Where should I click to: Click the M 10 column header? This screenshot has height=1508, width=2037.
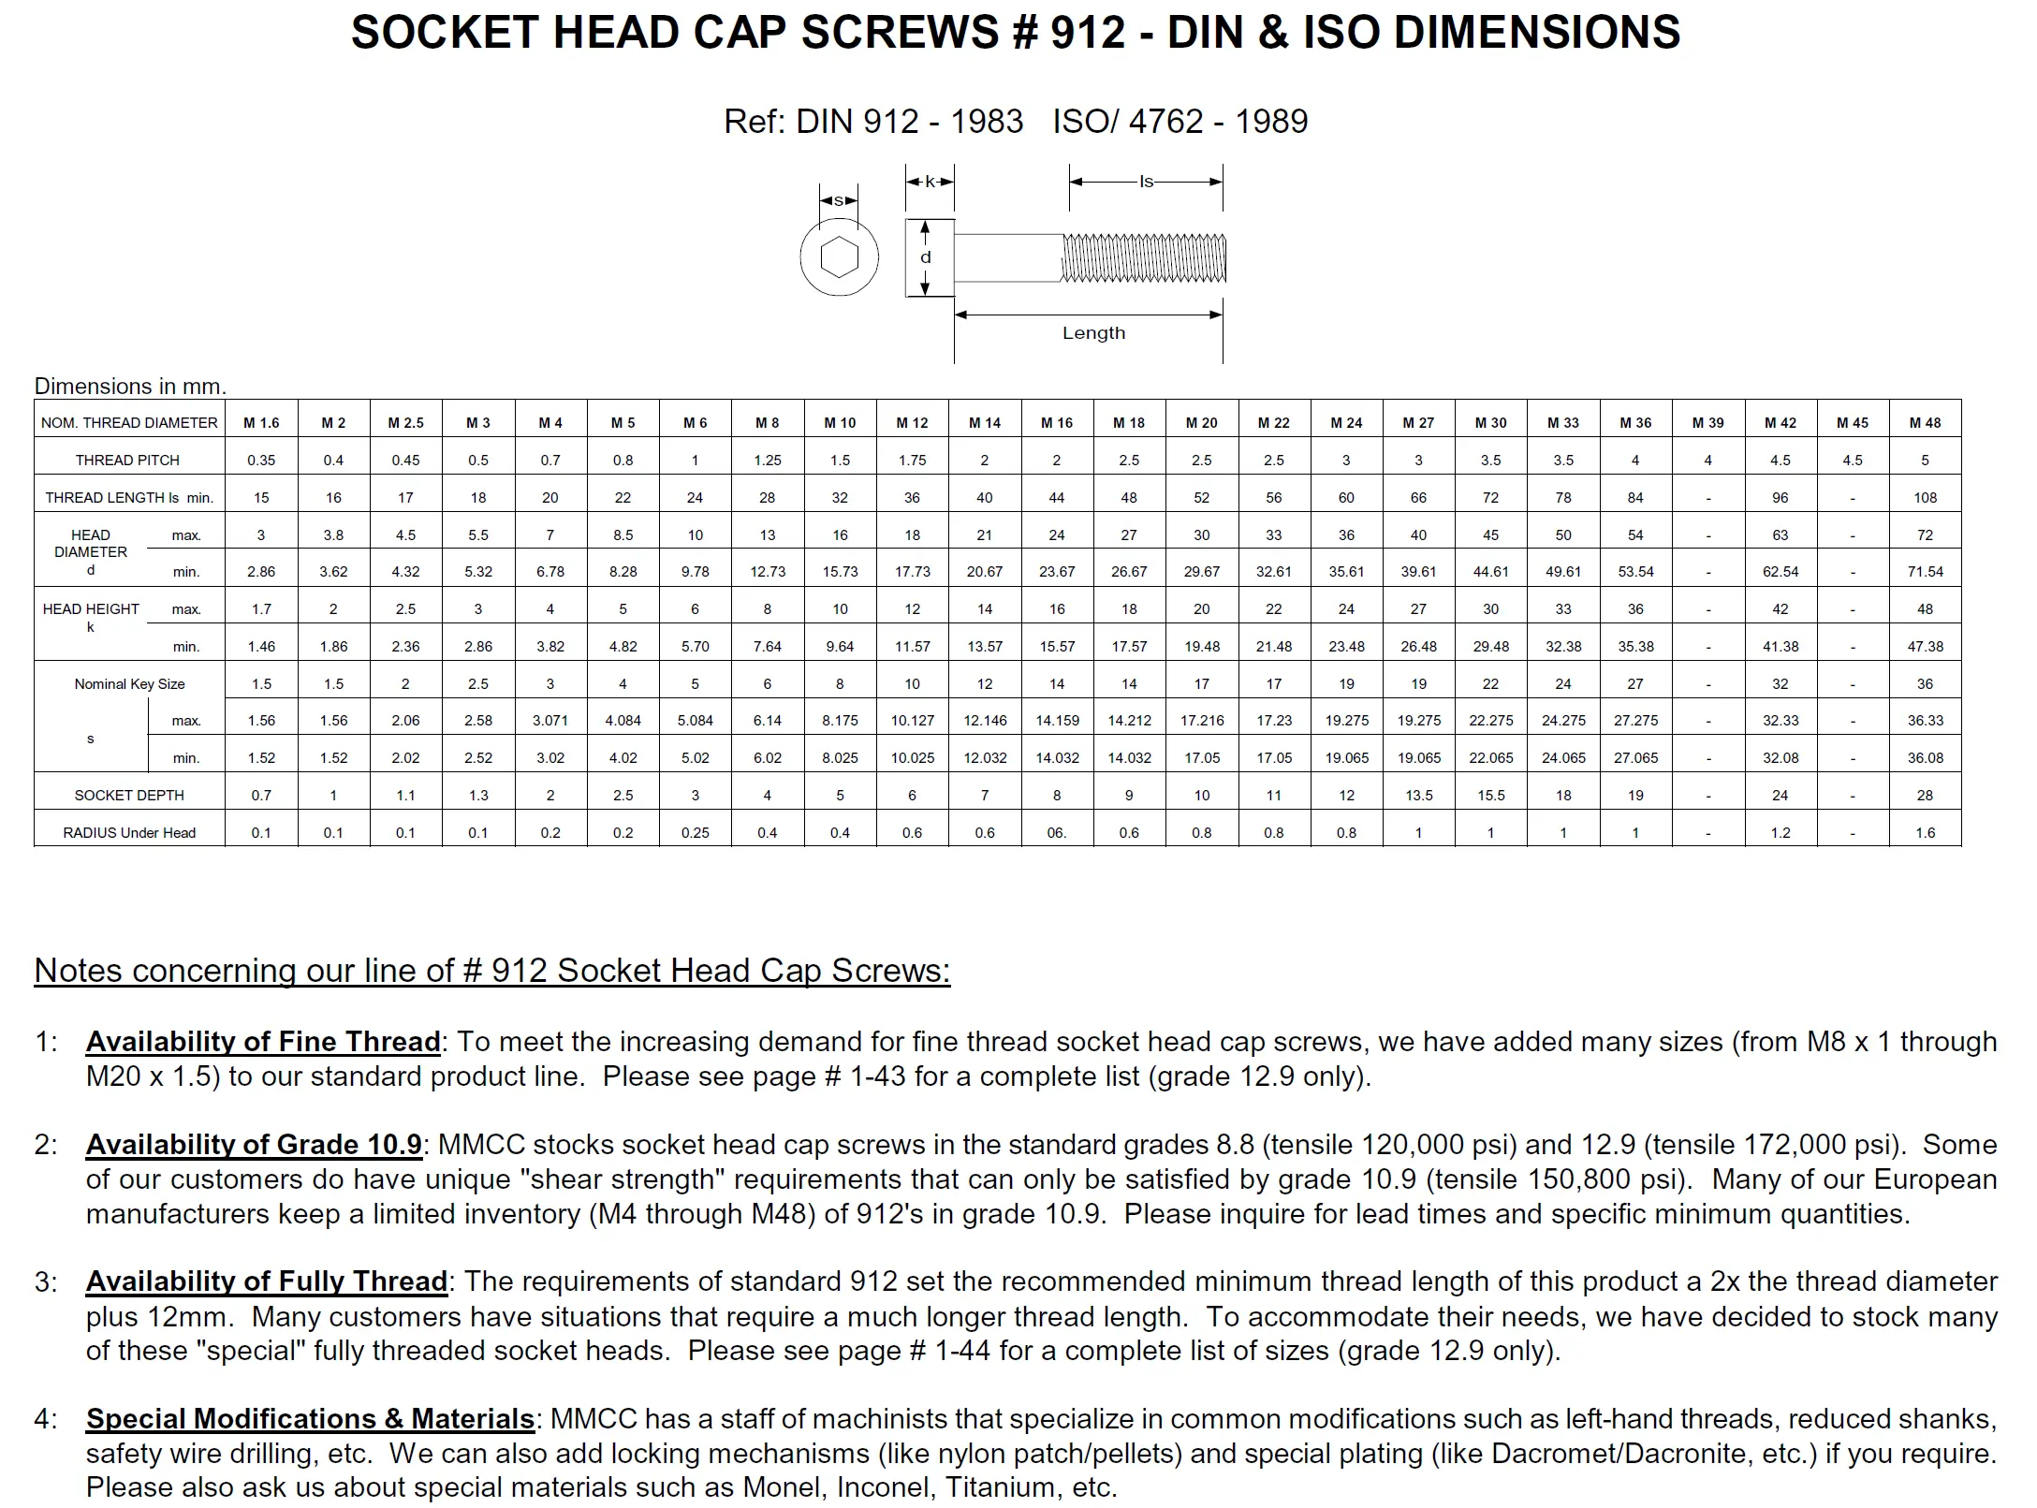(x=840, y=422)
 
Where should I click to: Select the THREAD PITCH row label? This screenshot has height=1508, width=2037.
(x=127, y=460)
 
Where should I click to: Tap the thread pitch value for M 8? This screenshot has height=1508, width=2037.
(x=767, y=460)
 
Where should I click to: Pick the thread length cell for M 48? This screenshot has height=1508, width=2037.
(x=1925, y=497)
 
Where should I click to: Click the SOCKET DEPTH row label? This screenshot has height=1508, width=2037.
(x=129, y=795)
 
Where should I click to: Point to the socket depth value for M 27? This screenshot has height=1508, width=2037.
(x=1418, y=795)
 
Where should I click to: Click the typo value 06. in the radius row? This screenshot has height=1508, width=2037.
(x=1057, y=832)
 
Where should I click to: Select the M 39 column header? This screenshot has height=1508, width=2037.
(x=1707, y=422)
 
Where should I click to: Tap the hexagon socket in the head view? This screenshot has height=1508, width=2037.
(x=839, y=257)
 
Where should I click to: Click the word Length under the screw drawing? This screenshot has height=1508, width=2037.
(x=1093, y=333)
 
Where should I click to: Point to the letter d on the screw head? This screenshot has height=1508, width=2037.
(x=925, y=257)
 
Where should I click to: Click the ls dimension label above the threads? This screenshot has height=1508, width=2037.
(x=1146, y=182)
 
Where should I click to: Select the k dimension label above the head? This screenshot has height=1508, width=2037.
(x=930, y=182)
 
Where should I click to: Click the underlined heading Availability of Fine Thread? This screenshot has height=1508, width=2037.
(x=263, y=1042)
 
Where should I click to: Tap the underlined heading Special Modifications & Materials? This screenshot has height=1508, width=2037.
(x=310, y=1419)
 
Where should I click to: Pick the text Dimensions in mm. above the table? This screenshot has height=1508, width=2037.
(x=130, y=386)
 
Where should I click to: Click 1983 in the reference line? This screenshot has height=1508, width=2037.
(x=987, y=122)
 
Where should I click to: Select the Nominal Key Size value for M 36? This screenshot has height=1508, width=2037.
(x=1635, y=683)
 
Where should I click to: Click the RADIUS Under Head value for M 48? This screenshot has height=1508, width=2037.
(x=1925, y=832)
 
